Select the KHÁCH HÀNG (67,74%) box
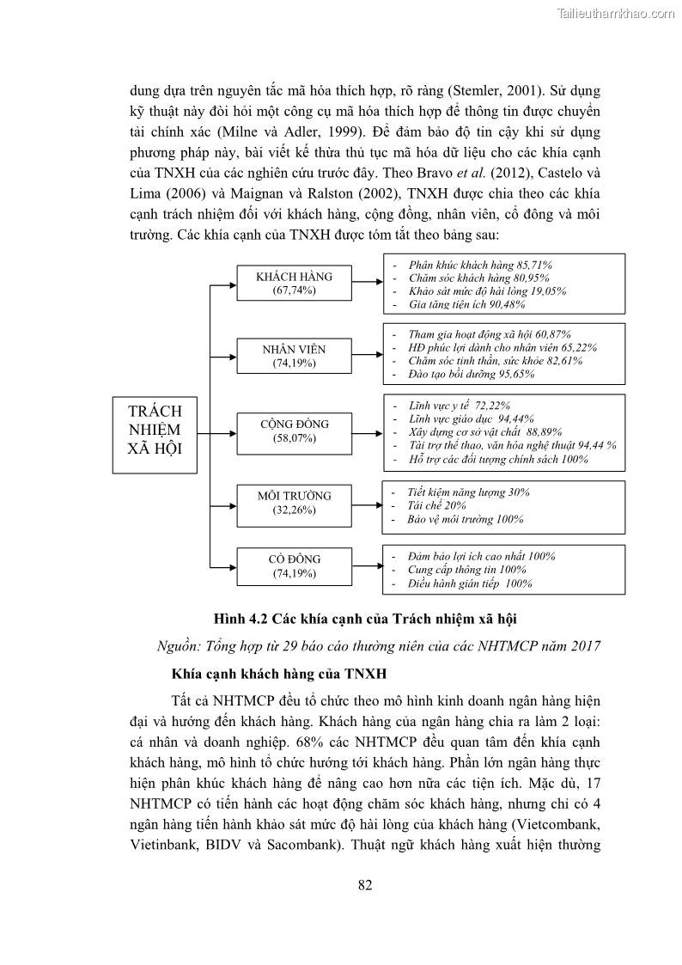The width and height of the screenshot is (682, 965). (295, 284)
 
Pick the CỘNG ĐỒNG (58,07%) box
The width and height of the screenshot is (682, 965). (295, 431)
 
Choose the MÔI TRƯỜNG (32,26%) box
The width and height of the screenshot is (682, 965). (295, 503)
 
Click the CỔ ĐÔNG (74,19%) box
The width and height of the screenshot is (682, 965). (295, 565)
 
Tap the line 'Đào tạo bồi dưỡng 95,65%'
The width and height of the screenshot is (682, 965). (472, 375)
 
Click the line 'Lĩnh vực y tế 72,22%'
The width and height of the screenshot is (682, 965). (460, 406)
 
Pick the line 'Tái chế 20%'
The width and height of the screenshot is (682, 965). (437, 505)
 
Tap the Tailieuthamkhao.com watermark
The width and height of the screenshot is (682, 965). (617, 13)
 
